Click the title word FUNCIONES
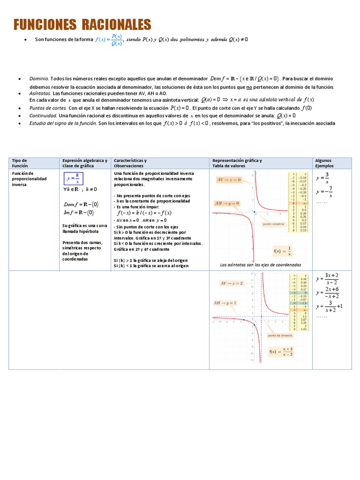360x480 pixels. (x=45, y=24)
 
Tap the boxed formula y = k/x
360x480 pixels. (x=74, y=179)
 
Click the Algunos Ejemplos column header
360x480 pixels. (x=324, y=163)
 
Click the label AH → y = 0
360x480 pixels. (x=227, y=203)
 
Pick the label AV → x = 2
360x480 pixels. (x=232, y=283)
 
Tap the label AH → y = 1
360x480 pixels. (x=225, y=303)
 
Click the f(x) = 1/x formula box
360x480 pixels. (x=282, y=250)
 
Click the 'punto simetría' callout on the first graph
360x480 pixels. (x=274, y=224)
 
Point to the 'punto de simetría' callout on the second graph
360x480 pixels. (x=280, y=336)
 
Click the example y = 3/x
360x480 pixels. (x=322, y=178)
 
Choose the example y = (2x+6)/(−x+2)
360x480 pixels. (x=328, y=292)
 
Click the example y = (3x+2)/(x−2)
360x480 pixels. (x=328, y=278)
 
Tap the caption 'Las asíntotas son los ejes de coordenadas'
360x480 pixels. (x=261, y=265)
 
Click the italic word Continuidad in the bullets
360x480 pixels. (x=43, y=115)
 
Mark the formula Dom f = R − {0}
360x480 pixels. (x=81, y=204)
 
